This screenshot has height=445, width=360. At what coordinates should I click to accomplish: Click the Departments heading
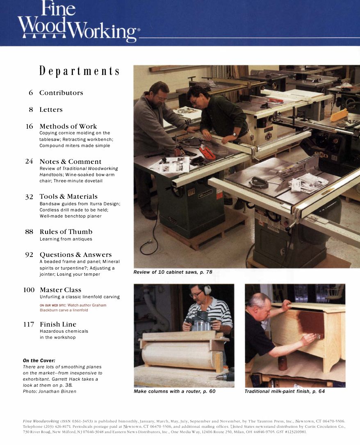[80, 71]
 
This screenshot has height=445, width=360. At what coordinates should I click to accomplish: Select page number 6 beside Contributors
[31, 93]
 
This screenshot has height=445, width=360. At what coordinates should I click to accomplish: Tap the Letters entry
[51, 110]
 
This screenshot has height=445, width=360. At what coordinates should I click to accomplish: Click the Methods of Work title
[68, 126]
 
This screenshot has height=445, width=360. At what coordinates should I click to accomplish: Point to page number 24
[29, 161]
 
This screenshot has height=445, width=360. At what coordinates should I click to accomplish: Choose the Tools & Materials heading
[68, 197]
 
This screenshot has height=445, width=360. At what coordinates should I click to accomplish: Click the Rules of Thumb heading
[66, 232]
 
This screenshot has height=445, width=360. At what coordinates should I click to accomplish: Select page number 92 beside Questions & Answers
[29, 255]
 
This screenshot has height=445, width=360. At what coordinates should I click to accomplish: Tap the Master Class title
[60, 290]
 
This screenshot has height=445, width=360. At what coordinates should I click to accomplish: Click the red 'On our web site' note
[73, 307]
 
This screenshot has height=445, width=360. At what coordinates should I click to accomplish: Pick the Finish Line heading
[58, 325]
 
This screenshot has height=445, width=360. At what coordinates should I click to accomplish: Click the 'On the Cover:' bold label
[39, 361]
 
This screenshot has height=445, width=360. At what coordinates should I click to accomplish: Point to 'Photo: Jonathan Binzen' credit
[49, 391]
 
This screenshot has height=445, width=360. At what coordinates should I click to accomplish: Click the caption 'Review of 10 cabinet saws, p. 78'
[173, 272]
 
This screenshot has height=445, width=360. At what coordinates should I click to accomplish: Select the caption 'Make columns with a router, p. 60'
[174, 391]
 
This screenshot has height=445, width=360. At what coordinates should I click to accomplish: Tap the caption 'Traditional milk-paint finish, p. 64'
[285, 391]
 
